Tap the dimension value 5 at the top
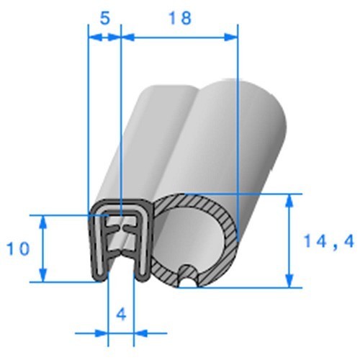pos(105,17)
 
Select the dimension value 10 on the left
pos(19,249)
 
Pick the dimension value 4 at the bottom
pos(121,314)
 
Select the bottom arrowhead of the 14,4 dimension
pos(290,282)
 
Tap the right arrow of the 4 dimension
pos(141,333)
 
